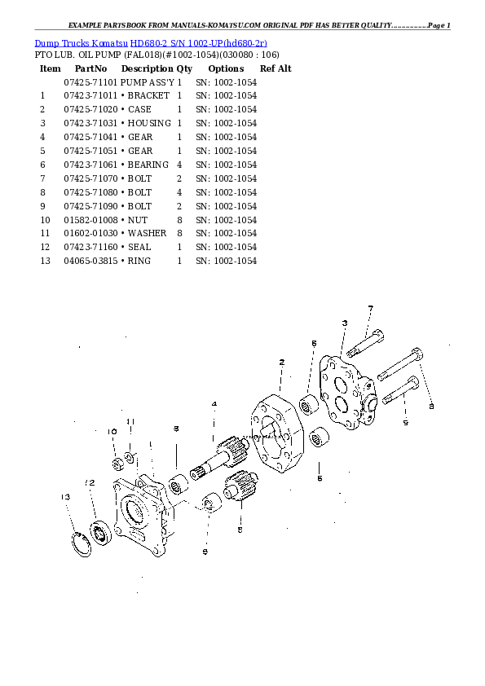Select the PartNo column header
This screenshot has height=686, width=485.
point(90,68)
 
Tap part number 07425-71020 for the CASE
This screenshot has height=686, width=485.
point(90,109)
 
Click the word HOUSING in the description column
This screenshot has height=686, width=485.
point(149,123)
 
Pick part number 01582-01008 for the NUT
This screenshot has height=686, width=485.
point(90,220)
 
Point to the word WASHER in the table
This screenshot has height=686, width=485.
point(147,233)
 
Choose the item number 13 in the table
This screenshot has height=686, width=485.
point(45,261)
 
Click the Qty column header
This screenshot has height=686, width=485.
point(184,68)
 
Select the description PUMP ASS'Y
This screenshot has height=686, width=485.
point(148,82)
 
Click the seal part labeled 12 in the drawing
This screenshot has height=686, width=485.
point(100,533)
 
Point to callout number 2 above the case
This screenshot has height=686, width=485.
point(281,363)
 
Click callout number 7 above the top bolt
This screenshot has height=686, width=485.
point(371,309)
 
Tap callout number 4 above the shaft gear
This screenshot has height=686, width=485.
point(214,404)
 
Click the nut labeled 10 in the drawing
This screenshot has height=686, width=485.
point(117,464)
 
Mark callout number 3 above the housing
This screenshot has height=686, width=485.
point(345,323)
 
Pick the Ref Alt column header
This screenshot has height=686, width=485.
point(276,68)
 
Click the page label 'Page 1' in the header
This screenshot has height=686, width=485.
point(439,25)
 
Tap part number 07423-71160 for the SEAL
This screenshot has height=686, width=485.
point(90,247)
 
